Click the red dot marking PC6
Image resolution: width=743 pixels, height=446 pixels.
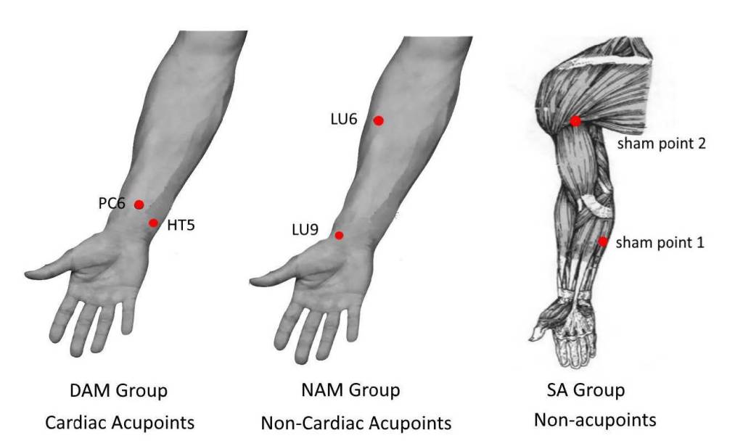[x=139, y=205]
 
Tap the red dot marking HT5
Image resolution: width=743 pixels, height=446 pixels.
[x=153, y=223]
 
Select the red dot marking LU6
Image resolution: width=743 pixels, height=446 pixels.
[x=378, y=121]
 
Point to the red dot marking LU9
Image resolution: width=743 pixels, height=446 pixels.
[x=339, y=235]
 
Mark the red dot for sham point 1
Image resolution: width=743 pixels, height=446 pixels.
[x=602, y=241]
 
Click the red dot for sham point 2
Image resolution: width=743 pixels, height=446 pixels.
[x=575, y=121]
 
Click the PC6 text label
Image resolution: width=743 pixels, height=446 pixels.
[x=112, y=204]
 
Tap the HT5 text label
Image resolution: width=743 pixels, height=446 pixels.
[x=181, y=226]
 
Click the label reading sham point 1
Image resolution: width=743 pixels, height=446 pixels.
[x=660, y=242]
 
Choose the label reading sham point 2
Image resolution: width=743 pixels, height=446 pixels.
[x=662, y=144]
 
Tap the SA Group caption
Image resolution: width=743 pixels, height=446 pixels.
[x=585, y=391]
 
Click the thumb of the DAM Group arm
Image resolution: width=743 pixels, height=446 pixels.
[x=51, y=273]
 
